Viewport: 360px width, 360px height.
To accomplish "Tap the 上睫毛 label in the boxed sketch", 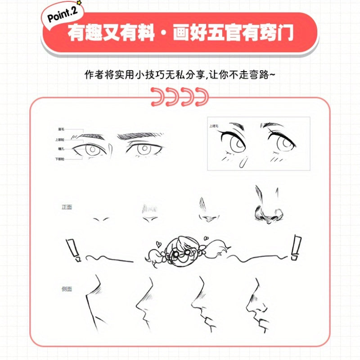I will (214, 127).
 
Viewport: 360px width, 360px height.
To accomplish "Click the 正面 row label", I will (67, 207).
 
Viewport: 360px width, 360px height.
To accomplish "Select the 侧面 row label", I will (67, 288).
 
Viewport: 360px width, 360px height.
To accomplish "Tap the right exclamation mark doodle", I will (296, 247).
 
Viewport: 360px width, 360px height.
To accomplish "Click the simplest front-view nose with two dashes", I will (101, 219).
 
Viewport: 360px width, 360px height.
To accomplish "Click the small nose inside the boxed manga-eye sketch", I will (243, 161).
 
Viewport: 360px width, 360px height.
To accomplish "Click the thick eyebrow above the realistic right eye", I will (141, 135).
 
